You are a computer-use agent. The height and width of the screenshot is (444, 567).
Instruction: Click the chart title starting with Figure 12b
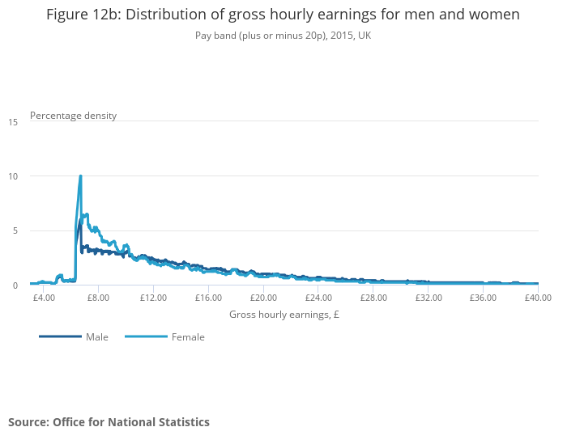click(x=283, y=15)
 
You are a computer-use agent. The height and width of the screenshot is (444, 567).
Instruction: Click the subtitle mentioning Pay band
click(x=283, y=36)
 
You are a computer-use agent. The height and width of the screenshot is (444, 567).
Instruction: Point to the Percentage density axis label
click(x=73, y=116)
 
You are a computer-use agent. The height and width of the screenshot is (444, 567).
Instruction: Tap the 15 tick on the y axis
click(x=13, y=121)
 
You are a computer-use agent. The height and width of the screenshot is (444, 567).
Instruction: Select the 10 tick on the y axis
click(x=13, y=176)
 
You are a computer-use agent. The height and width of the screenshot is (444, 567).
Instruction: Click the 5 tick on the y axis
click(x=14, y=230)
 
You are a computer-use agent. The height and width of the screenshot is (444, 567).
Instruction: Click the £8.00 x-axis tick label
click(x=98, y=298)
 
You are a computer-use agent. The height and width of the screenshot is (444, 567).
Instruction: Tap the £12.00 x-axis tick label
click(x=153, y=298)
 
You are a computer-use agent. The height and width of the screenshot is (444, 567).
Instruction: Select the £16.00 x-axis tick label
click(x=208, y=298)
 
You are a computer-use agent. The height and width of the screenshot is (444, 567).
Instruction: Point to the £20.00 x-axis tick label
click(x=263, y=298)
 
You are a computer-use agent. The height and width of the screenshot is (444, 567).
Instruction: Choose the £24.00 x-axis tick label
click(x=318, y=298)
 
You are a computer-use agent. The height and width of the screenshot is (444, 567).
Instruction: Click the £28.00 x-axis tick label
click(x=373, y=298)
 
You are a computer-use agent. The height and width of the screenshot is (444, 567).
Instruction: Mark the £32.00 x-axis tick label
click(x=428, y=298)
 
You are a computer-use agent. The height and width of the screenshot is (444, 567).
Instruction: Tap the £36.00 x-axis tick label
click(x=484, y=298)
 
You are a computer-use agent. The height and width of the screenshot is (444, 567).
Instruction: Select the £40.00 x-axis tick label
click(x=537, y=298)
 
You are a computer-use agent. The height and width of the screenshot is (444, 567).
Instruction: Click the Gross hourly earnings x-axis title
click(x=283, y=315)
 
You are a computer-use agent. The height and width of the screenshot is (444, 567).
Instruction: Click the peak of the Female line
click(x=80, y=176)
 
